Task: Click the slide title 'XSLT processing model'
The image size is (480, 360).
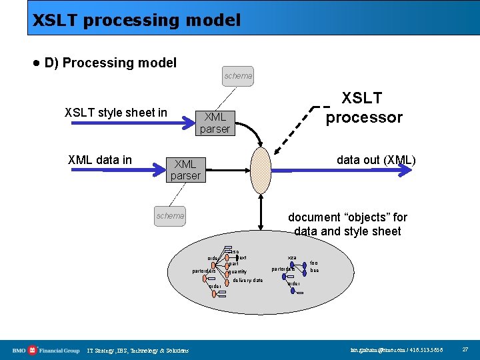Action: click(x=137, y=20)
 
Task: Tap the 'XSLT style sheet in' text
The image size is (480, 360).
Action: click(x=115, y=113)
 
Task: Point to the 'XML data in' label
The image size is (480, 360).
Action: click(x=100, y=159)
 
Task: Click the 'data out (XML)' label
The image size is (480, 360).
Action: click(x=376, y=159)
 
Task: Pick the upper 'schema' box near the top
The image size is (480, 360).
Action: click(x=238, y=76)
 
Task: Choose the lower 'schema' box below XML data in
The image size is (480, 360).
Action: click(x=170, y=215)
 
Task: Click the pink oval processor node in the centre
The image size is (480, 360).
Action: click(x=261, y=169)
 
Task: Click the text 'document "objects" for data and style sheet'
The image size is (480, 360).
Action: click(x=347, y=225)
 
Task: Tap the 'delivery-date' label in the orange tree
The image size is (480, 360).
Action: click(x=248, y=281)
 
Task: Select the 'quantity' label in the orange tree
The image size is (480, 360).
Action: click(x=237, y=272)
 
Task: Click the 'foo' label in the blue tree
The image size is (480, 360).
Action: click(x=314, y=263)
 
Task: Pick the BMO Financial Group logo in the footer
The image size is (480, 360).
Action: click(x=45, y=350)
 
